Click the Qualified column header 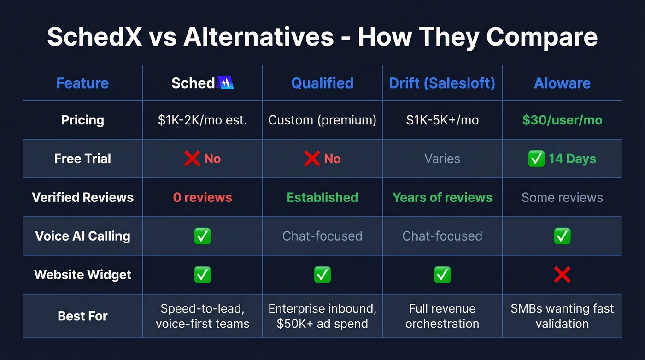click(x=322, y=83)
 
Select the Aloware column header click(x=562, y=83)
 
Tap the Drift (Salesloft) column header click(x=442, y=83)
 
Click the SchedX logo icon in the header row click(x=225, y=83)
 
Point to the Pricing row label click(x=82, y=120)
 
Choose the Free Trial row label click(x=82, y=159)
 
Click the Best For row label click(x=82, y=316)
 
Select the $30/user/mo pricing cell click(x=562, y=120)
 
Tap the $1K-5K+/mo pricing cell click(x=442, y=120)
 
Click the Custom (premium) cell click(x=322, y=120)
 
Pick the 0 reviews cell click(x=202, y=198)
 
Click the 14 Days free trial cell click(x=562, y=159)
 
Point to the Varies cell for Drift click(x=442, y=159)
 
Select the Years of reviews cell click(x=442, y=198)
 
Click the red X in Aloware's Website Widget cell click(x=562, y=275)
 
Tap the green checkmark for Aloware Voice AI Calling click(x=562, y=236)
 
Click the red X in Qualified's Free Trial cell click(x=312, y=159)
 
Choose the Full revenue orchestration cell click(x=442, y=316)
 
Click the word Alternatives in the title click(x=258, y=37)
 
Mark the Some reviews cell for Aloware click(x=562, y=198)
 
